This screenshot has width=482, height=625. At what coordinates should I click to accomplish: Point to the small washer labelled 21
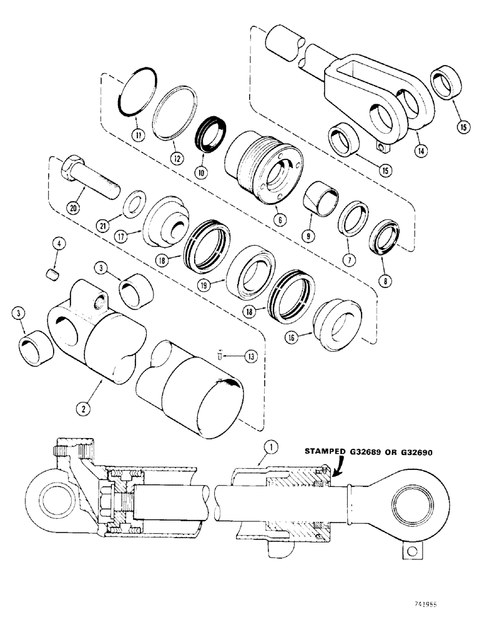[132, 205]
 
